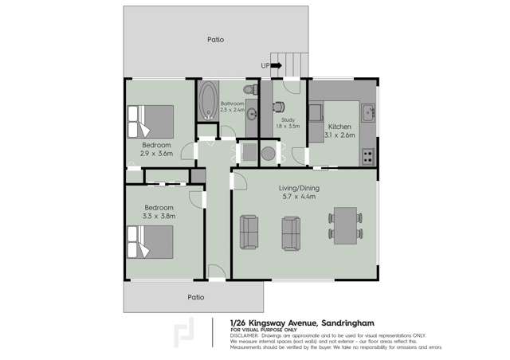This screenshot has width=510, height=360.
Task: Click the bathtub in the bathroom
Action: pos(210,101)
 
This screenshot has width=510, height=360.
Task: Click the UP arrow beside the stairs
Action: pos(265,65)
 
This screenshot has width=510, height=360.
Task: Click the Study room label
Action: pos(288,119)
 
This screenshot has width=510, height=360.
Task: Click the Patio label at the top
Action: pos(215,39)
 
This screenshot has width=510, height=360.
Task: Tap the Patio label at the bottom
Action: pos(195,297)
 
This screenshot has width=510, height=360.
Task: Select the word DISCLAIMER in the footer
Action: pos(245,335)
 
